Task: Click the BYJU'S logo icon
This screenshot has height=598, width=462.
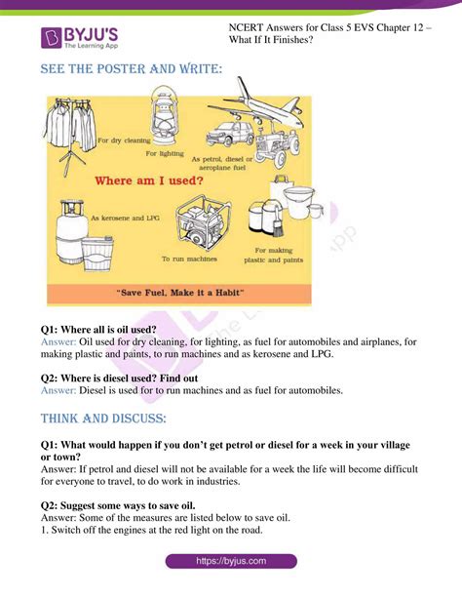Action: click(51, 38)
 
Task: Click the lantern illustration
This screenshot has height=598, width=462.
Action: click(164, 115)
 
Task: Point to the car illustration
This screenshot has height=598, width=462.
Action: click(230, 134)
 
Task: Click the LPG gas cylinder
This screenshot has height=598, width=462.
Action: click(71, 232)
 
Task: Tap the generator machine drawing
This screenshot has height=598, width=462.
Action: click(203, 222)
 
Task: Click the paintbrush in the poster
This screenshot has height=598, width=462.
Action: click(278, 224)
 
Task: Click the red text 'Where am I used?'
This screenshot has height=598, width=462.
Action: click(149, 180)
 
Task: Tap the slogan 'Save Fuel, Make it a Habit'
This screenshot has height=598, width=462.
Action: click(180, 293)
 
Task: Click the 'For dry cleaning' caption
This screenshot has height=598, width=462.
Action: click(124, 140)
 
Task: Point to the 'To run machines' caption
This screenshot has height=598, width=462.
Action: click(189, 259)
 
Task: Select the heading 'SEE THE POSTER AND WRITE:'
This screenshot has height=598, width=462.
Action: click(132, 69)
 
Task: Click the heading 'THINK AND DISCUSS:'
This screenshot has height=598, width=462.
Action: click(103, 419)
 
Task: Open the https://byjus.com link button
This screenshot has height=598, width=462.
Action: click(231, 561)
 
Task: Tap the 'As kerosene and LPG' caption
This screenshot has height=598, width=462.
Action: click(125, 219)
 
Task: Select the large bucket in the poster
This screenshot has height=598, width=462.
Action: click(298, 202)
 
